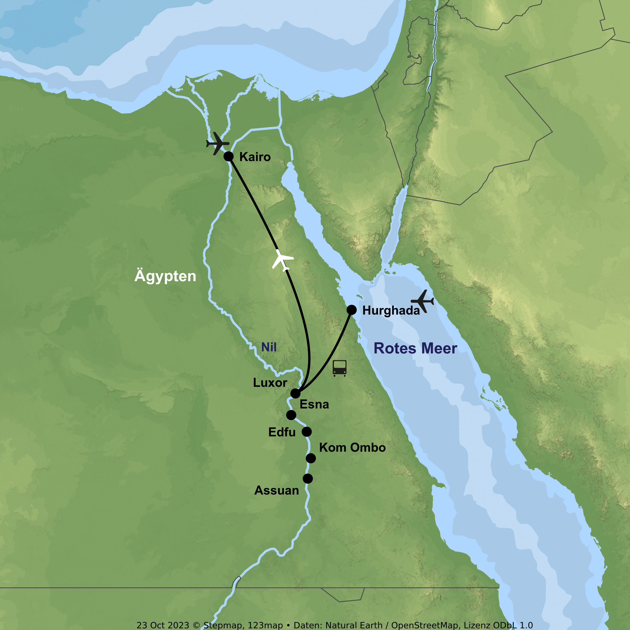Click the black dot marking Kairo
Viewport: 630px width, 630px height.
point(229,156)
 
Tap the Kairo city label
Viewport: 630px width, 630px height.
point(255,157)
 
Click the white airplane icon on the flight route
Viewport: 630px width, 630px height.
point(282,260)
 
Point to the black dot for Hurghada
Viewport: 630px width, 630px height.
point(352,310)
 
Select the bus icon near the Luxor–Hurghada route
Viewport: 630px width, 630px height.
point(339,368)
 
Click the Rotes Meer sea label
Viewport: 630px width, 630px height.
point(415,348)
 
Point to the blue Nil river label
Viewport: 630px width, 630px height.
point(269,347)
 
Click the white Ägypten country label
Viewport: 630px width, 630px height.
point(165,276)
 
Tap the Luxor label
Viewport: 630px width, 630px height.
point(270,382)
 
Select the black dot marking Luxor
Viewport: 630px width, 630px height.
point(295,393)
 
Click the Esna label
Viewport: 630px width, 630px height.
point(314,404)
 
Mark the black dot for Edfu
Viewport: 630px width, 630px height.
point(307,432)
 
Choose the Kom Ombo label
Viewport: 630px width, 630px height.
point(352,447)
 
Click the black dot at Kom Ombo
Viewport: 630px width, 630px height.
point(311,458)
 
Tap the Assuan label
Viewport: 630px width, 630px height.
point(277,490)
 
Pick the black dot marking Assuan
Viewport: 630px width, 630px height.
point(307,479)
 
